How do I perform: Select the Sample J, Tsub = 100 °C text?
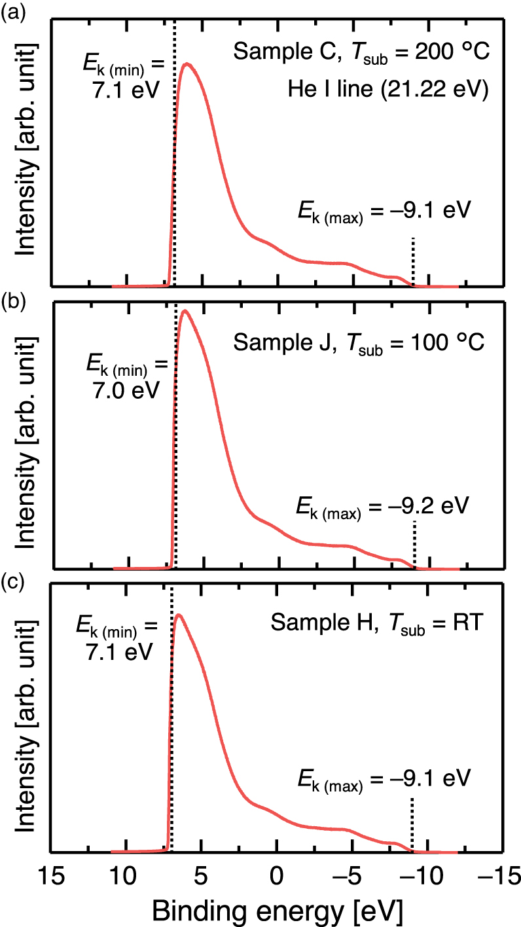359,342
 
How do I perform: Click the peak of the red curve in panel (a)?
188,64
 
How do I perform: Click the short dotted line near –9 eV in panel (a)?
413,260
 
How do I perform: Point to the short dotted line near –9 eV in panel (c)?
412,822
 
